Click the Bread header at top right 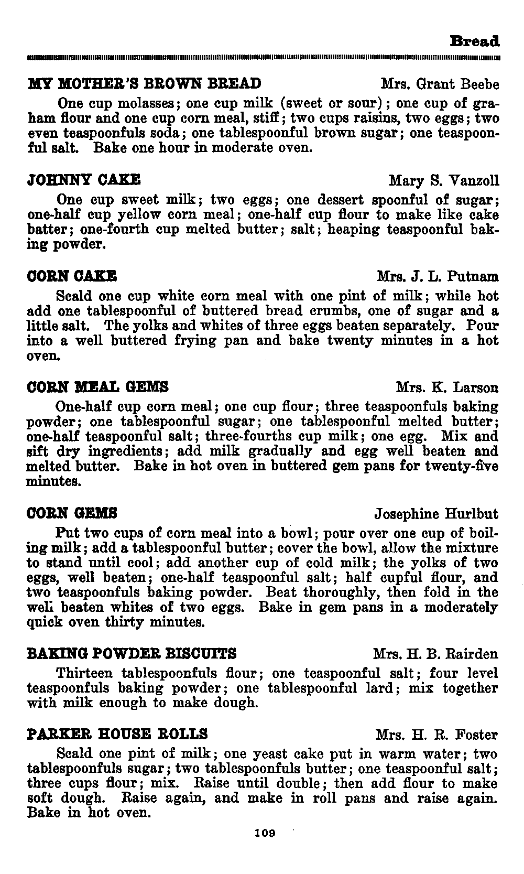coord(475,41)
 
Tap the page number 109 coord(265,833)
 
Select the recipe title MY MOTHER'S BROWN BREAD coord(144,84)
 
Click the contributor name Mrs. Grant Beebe coord(440,84)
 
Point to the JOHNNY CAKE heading coord(83,180)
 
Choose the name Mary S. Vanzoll coord(444,181)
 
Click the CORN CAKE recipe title coord(72,276)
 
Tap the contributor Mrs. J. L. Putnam coord(438,276)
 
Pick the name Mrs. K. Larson coord(447,387)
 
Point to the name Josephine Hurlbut coord(436,513)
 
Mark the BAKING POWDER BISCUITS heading coord(132,654)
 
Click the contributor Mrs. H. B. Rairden coord(435,654)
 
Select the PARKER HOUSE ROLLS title coord(117,733)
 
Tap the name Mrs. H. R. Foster coord(436,735)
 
